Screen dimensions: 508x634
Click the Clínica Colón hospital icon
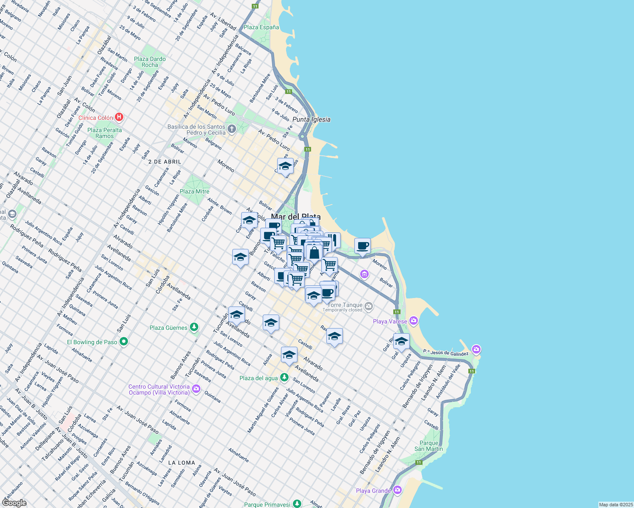coord(120,117)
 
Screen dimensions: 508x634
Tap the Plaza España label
coord(261,27)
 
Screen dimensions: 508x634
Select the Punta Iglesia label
coord(311,119)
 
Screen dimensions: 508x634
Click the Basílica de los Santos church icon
coord(231,129)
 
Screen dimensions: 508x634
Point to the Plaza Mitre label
coord(195,191)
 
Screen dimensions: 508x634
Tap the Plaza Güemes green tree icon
coord(194,327)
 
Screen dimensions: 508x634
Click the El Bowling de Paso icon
coord(124,342)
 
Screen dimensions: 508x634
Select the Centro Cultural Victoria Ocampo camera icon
coord(196,389)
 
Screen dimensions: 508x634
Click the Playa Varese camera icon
coord(414,321)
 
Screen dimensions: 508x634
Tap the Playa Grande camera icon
coord(397,490)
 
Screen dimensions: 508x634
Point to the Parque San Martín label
coord(428,446)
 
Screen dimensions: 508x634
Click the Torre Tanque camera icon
coord(369,306)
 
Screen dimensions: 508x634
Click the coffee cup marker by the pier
coord(362,246)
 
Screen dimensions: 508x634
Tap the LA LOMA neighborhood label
coord(181,463)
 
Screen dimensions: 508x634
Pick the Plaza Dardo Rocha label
coord(150,62)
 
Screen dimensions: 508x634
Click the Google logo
coord(14,502)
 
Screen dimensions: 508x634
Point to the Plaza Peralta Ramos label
coord(104,133)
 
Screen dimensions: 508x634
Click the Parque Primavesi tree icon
coord(297,504)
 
